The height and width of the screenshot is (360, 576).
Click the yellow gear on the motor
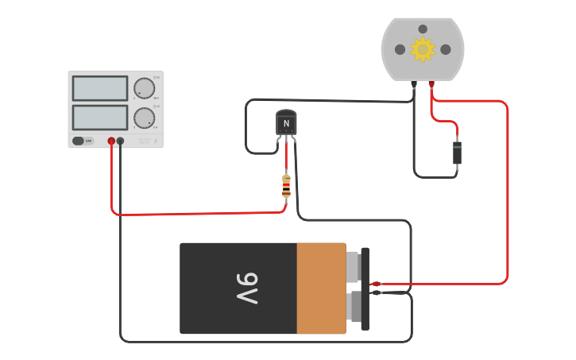pyautogui.click(x=423, y=49)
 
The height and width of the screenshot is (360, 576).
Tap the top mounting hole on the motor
pyautogui.click(x=423, y=29)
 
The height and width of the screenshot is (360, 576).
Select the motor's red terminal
pyautogui.click(x=431, y=83)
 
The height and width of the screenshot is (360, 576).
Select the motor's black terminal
pyautogui.click(x=414, y=83)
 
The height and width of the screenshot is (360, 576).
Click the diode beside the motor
pyautogui.click(x=457, y=153)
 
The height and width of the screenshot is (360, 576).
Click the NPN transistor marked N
pyautogui.click(x=286, y=122)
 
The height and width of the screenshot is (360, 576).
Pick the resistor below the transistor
pyautogui.click(x=286, y=186)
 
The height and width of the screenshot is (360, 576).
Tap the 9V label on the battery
pyautogui.click(x=246, y=288)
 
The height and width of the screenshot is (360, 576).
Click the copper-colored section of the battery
pyautogui.click(x=321, y=288)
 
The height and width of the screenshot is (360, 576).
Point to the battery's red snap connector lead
pyautogui.click(x=376, y=284)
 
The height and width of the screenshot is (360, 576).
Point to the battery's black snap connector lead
pyautogui.click(x=376, y=293)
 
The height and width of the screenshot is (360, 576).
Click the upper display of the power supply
pyautogui.click(x=100, y=88)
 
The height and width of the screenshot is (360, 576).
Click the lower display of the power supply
pyautogui.click(x=100, y=118)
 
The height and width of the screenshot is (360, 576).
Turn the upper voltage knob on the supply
pyautogui.click(x=144, y=88)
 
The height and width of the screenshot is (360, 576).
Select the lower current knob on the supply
pyautogui.click(x=144, y=118)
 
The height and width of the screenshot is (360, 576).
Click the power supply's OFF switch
pyautogui.click(x=79, y=141)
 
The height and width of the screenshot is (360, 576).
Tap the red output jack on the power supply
pyautogui.click(x=111, y=141)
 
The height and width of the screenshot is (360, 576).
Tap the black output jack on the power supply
pyautogui.click(x=120, y=141)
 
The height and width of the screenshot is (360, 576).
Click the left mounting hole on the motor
pyautogui.click(x=400, y=49)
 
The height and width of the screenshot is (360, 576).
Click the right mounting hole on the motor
pyautogui.click(x=446, y=49)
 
